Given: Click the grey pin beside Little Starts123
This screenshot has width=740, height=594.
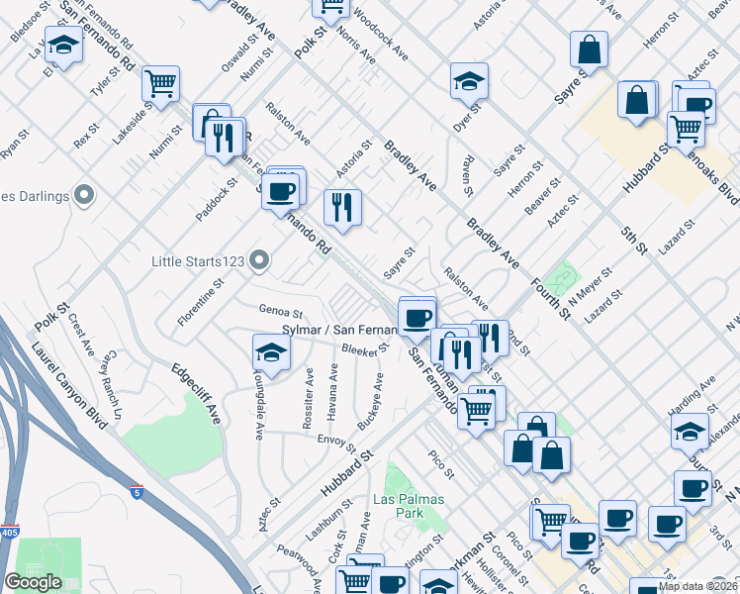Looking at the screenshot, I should (260, 261).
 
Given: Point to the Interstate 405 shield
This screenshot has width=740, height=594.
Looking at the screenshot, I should (9, 531).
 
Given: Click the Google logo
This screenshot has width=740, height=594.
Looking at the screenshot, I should (33, 582).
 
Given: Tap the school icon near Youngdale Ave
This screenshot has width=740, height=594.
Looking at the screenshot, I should (271, 351).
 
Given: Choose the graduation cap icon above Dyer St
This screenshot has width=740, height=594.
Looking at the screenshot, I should (469, 80).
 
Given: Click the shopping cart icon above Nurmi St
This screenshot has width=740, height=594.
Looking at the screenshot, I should (160, 82).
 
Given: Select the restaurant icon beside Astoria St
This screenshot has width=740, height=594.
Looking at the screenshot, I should (342, 206).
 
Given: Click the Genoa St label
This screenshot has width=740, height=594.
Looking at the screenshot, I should (279, 311).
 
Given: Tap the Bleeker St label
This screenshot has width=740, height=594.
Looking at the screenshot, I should (360, 350).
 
